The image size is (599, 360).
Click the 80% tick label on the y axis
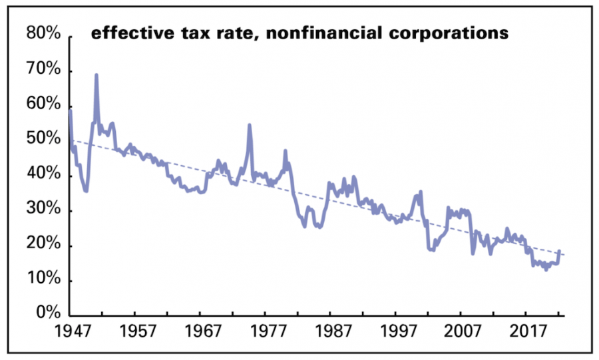pyautogui.click(x=45, y=35)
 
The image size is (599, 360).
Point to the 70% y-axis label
pyautogui.click(x=45, y=71)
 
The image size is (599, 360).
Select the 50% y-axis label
pyautogui.click(x=45, y=140)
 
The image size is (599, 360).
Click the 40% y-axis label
pyautogui.click(x=45, y=175)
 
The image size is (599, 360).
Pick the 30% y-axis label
pyautogui.click(x=45, y=210)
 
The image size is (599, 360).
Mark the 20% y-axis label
pyautogui.click(x=45, y=245)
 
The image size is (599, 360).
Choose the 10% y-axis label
pyautogui.click(x=45, y=280)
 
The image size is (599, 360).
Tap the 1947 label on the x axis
pyautogui.click(x=71, y=331)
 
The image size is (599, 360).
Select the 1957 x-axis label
pyautogui.click(x=135, y=331)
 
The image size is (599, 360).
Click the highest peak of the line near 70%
pyautogui.click(x=97, y=75)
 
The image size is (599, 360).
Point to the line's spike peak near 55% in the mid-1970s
pyautogui.click(x=250, y=124)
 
